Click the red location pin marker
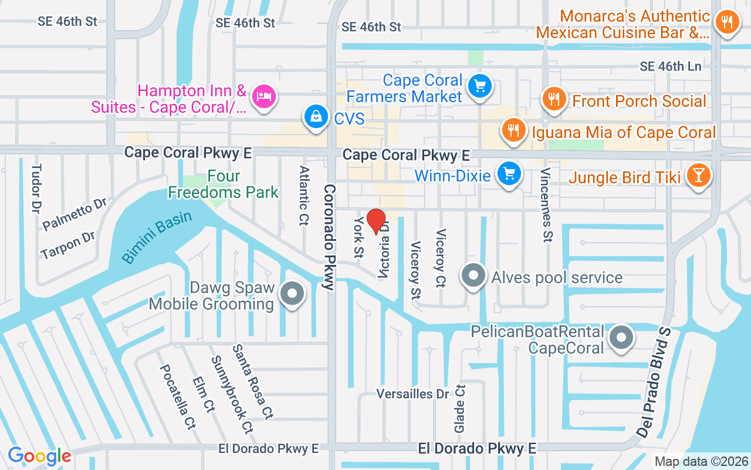376,221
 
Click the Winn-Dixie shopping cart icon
509,174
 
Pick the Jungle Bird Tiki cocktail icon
698,176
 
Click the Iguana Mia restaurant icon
514,130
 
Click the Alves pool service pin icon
474,276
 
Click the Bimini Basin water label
157,237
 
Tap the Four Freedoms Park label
224,184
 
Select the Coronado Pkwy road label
329,237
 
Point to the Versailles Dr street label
412,394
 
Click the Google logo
39,456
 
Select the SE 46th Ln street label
671,66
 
